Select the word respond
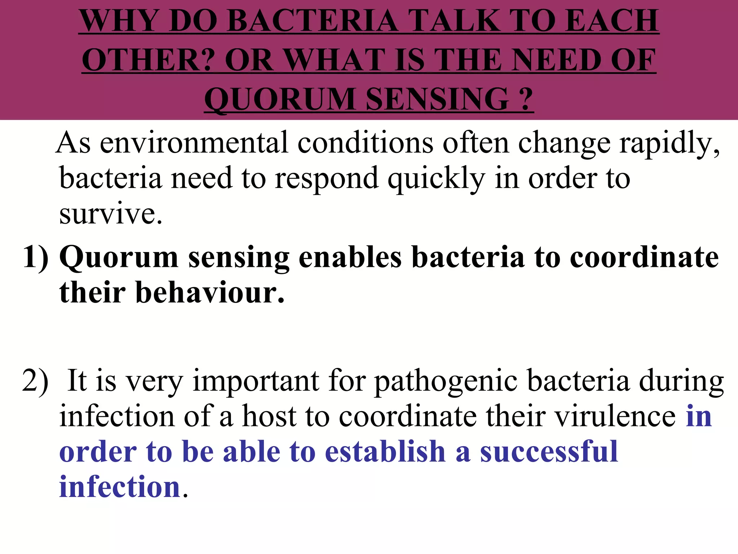[x=326, y=179]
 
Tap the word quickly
[x=436, y=179]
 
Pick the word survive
[x=110, y=214]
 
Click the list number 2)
[x=35, y=381]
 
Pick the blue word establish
[x=386, y=452]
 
